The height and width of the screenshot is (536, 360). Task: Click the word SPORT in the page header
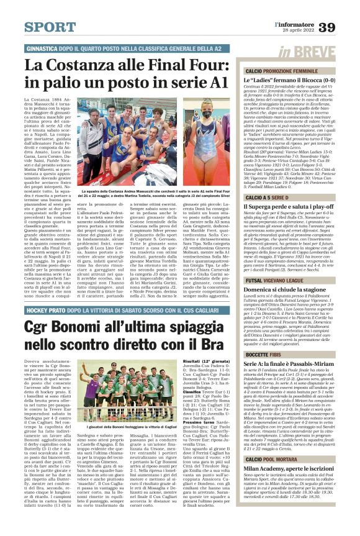[x=50, y=27]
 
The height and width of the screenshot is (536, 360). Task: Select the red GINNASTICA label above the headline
[x=47, y=48]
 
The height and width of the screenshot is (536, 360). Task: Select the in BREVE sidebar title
[x=307, y=52]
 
